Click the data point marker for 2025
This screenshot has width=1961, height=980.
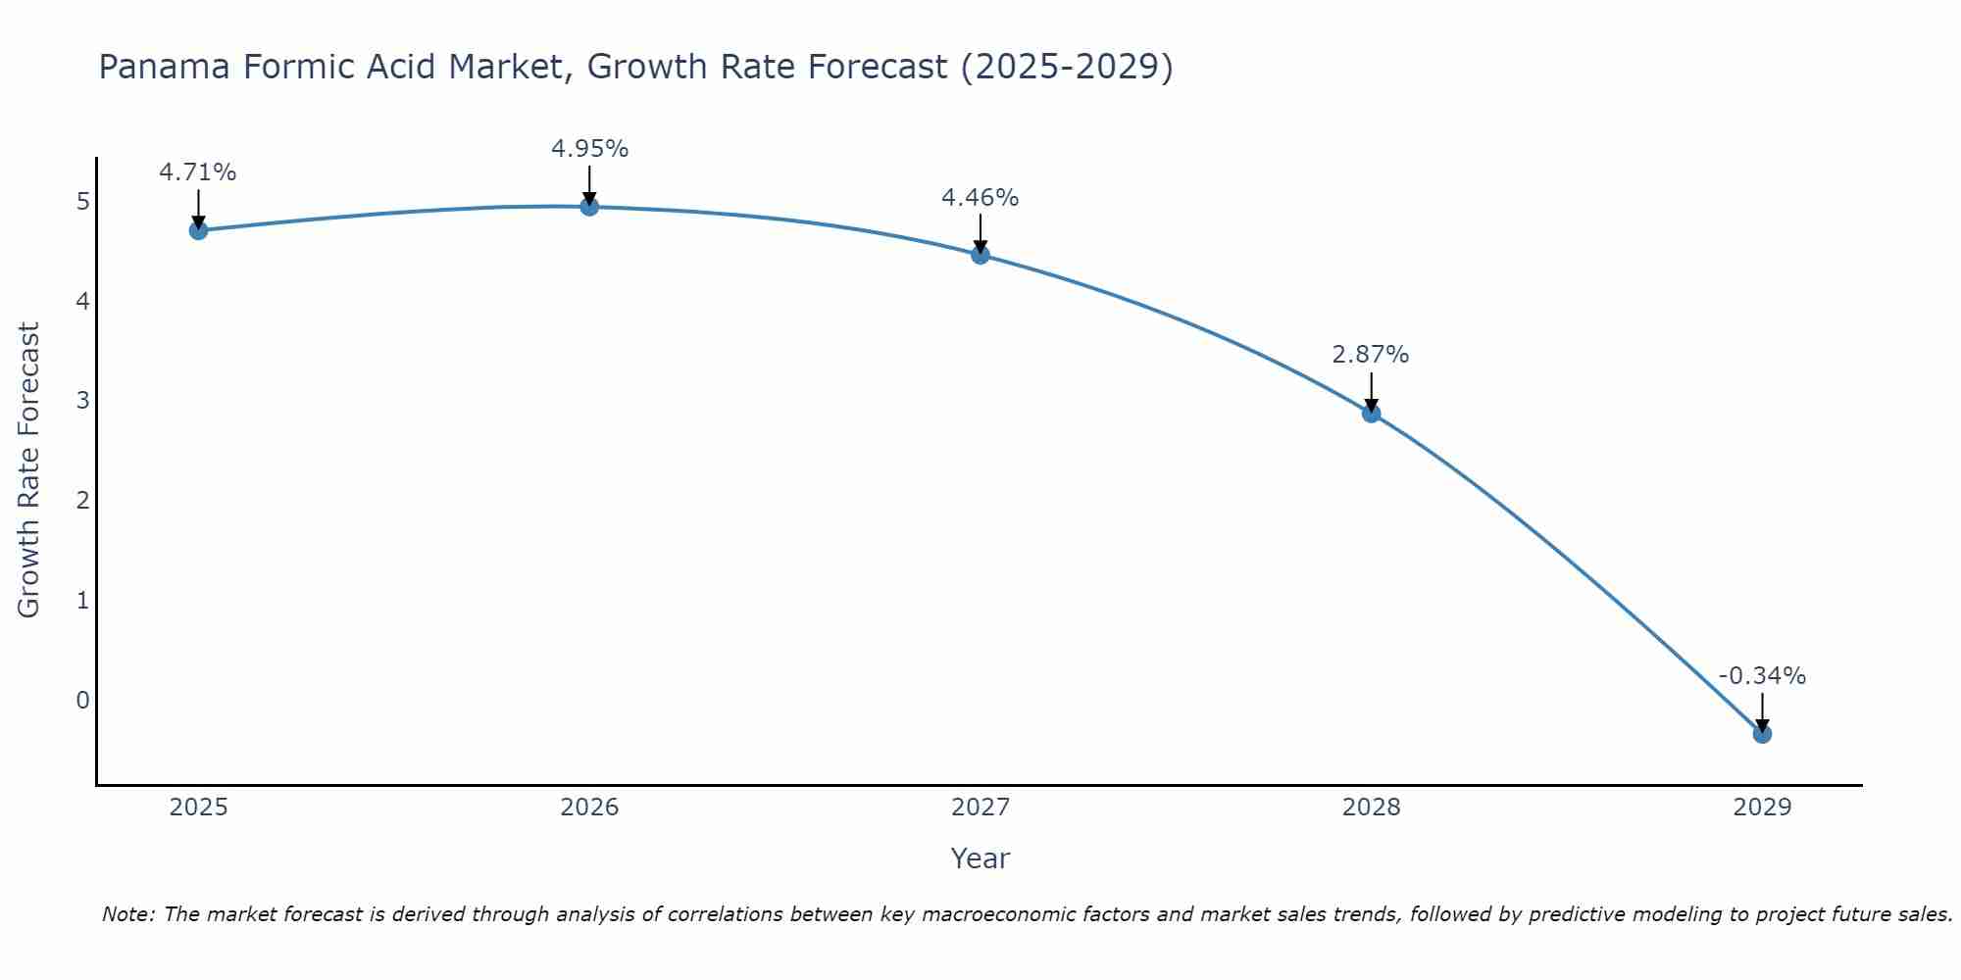pos(198,230)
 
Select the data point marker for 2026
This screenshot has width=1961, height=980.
pos(589,207)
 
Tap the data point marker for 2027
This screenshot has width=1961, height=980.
pos(980,255)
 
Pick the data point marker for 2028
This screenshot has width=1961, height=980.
pos(1371,414)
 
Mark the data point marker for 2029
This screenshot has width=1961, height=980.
pos(1762,733)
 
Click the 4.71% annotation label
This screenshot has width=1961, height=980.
pos(198,172)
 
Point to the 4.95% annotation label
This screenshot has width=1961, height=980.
pos(589,149)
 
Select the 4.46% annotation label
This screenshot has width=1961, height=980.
pos(980,198)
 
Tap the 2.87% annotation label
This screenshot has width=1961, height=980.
pos(1371,355)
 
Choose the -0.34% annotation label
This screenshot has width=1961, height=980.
pos(1762,676)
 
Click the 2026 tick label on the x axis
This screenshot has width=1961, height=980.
pos(589,808)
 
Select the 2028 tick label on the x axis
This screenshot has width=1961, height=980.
pos(1371,808)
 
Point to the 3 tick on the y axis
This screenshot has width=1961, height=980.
pos(82,401)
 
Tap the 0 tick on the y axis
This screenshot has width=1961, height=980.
pos(82,700)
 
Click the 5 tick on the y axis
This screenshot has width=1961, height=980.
pos(82,202)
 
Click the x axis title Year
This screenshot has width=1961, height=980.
pos(980,858)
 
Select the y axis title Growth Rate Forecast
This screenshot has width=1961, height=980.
pos(29,470)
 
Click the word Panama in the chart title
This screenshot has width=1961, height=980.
pos(165,67)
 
